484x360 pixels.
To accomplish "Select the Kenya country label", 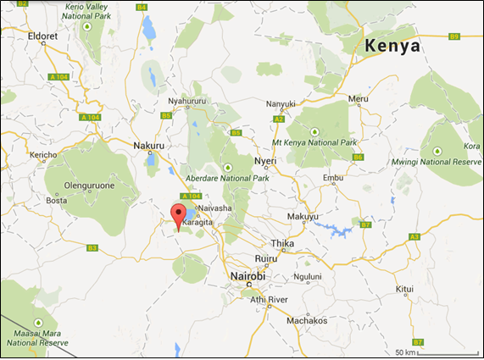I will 392,47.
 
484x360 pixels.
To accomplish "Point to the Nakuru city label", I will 149,145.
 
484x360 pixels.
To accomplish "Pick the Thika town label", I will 284,243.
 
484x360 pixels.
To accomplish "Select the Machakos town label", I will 306,320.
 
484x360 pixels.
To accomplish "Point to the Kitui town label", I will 404,289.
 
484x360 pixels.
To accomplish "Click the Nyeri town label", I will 265,159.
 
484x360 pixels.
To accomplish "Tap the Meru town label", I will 358,99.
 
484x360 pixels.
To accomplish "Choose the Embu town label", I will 334,177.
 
